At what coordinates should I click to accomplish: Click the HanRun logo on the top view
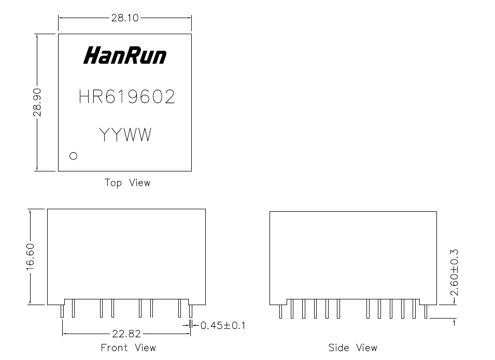(125, 55)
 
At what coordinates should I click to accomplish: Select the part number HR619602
(126, 97)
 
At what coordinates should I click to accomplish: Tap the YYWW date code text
(125, 135)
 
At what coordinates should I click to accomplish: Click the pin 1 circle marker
(73, 155)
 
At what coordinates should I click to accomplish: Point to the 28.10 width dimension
(124, 18)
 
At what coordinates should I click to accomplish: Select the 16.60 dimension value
(31, 257)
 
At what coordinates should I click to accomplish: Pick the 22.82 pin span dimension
(126, 334)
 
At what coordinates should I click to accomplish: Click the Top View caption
(128, 182)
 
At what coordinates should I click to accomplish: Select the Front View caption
(128, 347)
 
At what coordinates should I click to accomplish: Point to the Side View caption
(352, 347)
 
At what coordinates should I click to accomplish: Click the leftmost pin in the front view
(62, 311)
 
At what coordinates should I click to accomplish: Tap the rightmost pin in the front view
(190, 311)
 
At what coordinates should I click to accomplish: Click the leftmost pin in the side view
(280, 311)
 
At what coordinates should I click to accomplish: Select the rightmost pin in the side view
(426, 311)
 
